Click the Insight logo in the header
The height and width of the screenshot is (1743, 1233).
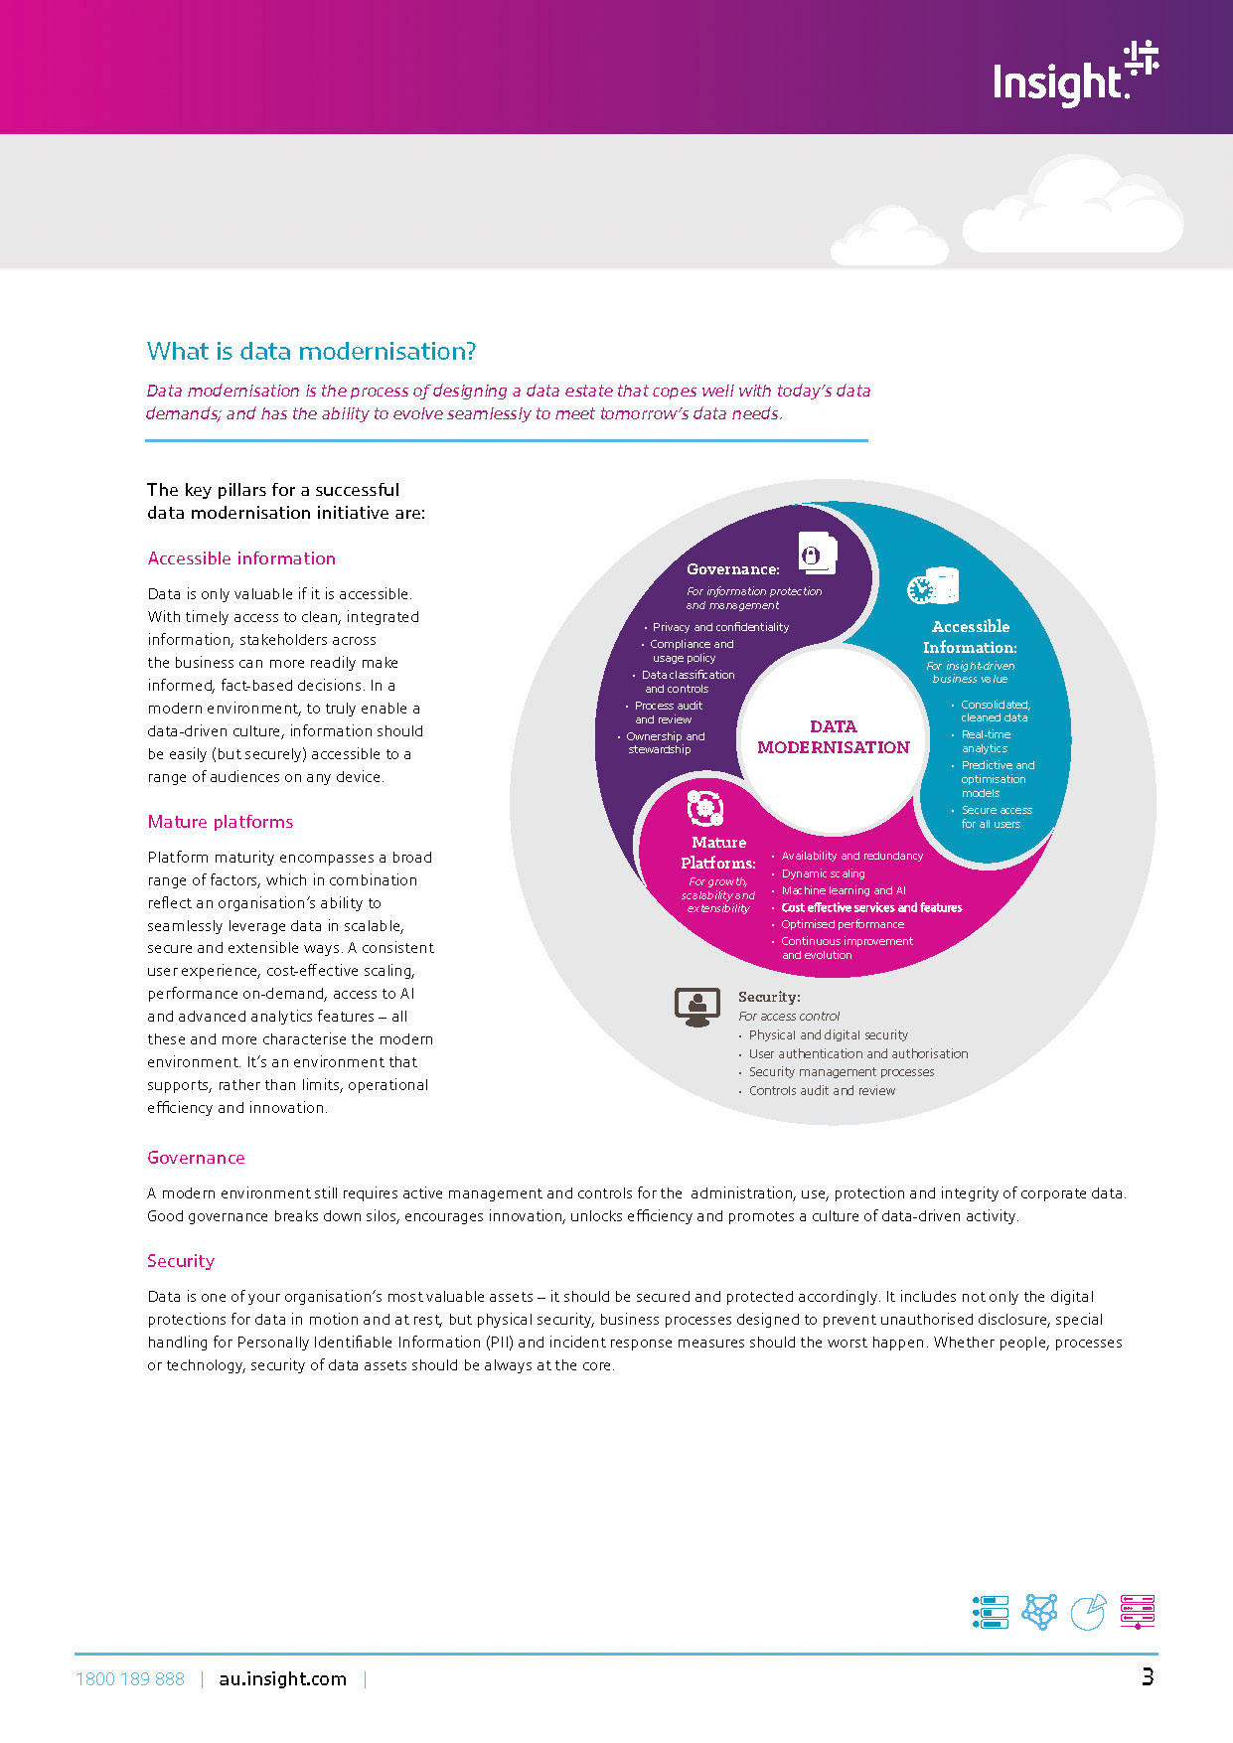click(1075, 75)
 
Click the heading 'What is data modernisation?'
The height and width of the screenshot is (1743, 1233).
click(311, 352)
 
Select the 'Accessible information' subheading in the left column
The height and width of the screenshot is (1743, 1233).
click(241, 558)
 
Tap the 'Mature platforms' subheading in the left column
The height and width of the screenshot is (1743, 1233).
click(221, 822)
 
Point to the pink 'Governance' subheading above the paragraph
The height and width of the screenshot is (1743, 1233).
click(196, 1158)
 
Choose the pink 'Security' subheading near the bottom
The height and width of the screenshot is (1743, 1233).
click(181, 1261)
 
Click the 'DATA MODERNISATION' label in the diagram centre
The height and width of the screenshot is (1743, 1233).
click(833, 737)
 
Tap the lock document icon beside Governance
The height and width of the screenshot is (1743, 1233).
click(817, 553)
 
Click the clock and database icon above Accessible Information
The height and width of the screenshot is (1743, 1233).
click(933, 586)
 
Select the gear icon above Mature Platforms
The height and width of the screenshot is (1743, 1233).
click(704, 808)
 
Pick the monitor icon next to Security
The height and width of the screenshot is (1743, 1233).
click(696, 1007)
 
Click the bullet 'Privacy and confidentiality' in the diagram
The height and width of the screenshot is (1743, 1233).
click(720, 627)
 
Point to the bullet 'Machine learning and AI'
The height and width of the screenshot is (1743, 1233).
click(843, 890)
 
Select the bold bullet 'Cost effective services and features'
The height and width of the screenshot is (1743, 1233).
click(871, 907)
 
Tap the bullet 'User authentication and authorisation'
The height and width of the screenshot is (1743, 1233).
click(857, 1053)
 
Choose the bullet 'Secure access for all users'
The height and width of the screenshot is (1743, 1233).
click(996, 817)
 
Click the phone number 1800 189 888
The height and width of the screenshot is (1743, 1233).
click(130, 1678)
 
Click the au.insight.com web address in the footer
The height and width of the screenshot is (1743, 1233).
click(282, 1678)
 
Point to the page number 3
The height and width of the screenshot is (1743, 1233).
click(1148, 1677)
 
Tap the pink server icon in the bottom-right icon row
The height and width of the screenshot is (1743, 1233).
click(1137, 1611)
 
